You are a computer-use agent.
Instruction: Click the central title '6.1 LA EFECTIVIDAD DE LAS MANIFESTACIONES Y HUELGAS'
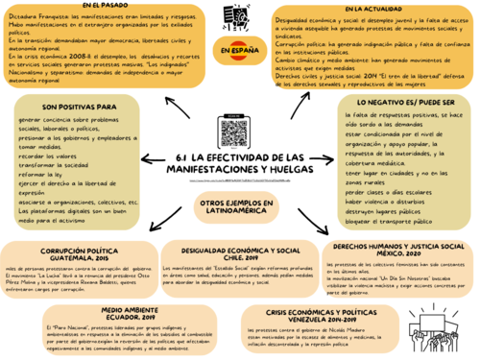242,162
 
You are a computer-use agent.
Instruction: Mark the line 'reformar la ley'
42,176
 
